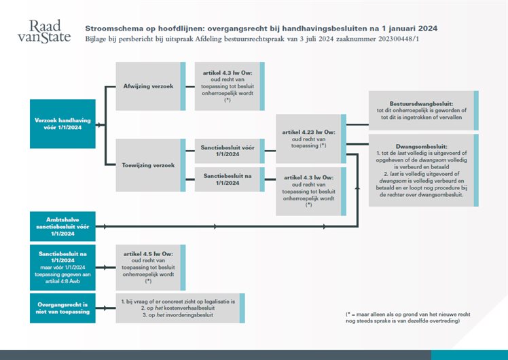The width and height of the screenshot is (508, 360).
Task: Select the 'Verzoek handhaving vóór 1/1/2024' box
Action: (x=62, y=124)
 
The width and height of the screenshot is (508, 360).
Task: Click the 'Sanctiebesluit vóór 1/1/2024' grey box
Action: (x=228, y=150)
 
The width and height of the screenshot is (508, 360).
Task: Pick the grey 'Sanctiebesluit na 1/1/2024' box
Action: (x=228, y=179)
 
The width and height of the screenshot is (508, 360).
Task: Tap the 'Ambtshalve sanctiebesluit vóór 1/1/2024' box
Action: (x=62, y=225)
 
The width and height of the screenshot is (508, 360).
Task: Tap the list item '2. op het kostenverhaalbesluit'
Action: (x=173, y=308)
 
